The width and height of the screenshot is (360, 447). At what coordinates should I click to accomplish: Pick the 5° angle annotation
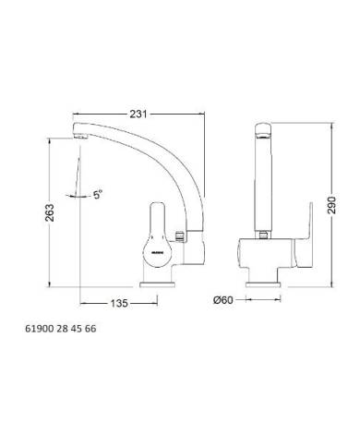(x=97, y=195)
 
